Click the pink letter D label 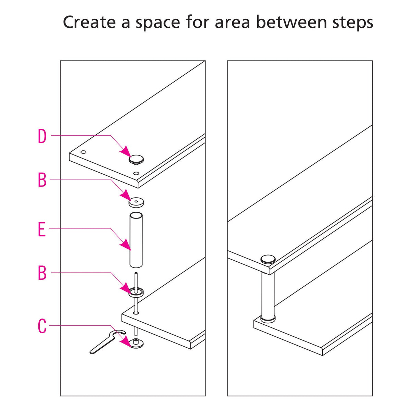pyautogui.click(x=42, y=136)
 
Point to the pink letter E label pyautogui.click(x=41, y=229)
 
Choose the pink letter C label pyautogui.click(x=42, y=326)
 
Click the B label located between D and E pyautogui.click(x=42, y=180)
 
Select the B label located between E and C pyautogui.click(x=42, y=273)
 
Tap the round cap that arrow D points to pyautogui.click(x=136, y=159)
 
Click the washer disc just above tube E pyautogui.click(x=136, y=202)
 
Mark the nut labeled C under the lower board pyautogui.click(x=136, y=343)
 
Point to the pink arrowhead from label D pyautogui.click(x=125, y=150)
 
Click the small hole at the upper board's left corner pyautogui.click(x=83, y=152)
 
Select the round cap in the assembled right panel pyautogui.click(x=268, y=259)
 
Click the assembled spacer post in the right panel pyautogui.click(x=268, y=295)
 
